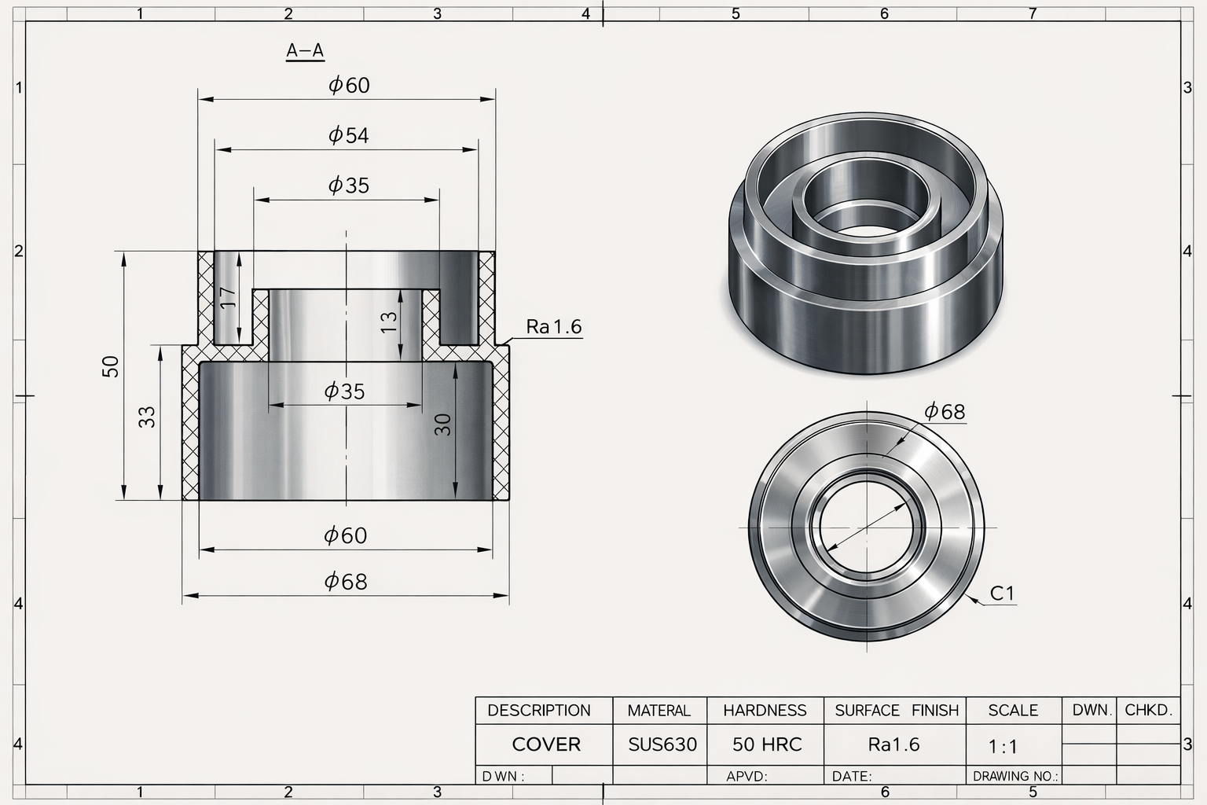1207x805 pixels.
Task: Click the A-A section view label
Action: (x=305, y=51)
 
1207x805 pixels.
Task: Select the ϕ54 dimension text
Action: (x=348, y=135)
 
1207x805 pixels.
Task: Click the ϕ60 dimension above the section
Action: (x=348, y=85)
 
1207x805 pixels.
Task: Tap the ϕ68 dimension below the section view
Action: (x=346, y=582)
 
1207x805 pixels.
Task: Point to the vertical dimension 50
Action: (x=111, y=366)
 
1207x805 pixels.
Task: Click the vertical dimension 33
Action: (x=147, y=417)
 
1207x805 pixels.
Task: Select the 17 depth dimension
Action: (x=228, y=297)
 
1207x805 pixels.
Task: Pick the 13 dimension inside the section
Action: (x=389, y=322)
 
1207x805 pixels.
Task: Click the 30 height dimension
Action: (x=443, y=425)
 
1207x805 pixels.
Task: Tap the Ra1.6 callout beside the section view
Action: (x=554, y=327)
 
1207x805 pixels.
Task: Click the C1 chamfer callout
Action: (x=1002, y=594)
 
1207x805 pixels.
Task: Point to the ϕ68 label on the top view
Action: (x=944, y=411)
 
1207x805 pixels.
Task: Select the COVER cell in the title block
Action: (x=545, y=744)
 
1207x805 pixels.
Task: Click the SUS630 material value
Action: (x=662, y=744)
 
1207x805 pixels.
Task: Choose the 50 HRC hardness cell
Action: (x=767, y=744)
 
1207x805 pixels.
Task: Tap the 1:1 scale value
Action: (x=1003, y=746)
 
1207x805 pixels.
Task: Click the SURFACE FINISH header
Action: (x=897, y=711)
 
